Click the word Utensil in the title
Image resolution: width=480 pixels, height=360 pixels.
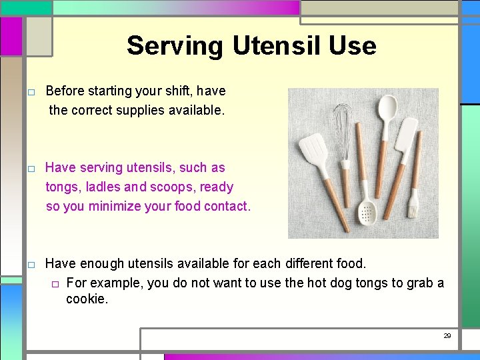(x=277, y=46)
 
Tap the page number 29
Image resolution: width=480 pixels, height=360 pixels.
(x=447, y=336)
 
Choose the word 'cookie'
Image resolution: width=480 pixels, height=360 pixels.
(x=86, y=299)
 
